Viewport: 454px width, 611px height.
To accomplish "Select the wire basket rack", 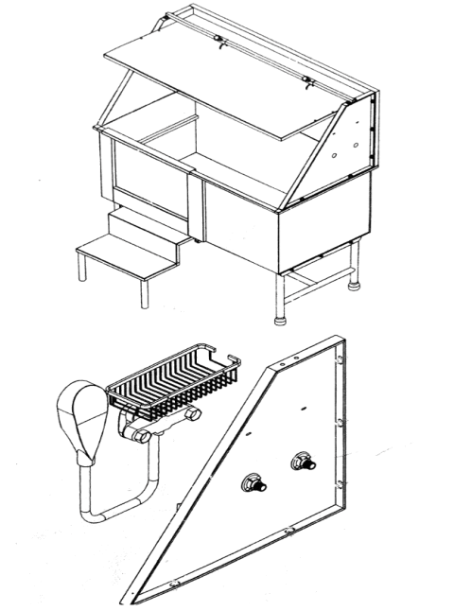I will [x=170, y=383].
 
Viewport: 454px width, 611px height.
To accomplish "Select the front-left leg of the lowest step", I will [x=83, y=268].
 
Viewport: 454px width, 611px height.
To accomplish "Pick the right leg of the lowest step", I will [x=145, y=292].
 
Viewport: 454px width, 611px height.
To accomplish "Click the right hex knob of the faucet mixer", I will [x=194, y=415].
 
